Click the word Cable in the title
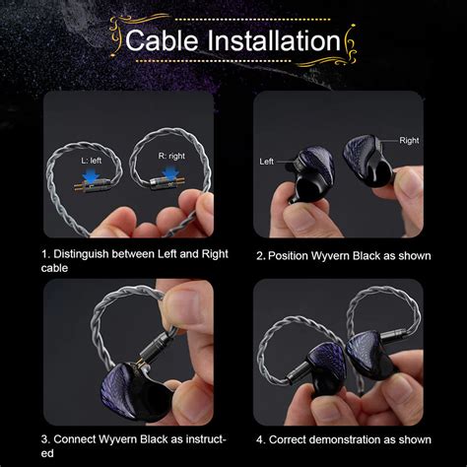click(162, 40)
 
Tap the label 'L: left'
click(92, 161)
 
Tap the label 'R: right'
click(171, 156)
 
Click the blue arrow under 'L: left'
click(92, 175)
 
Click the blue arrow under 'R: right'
click(170, 173)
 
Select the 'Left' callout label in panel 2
click(266, 162)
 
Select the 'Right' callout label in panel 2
click(409, 140)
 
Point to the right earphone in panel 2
click(368, 161)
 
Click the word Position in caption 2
click(288, 256)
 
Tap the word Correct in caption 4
click(288, 439)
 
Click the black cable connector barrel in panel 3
click(155, 348)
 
